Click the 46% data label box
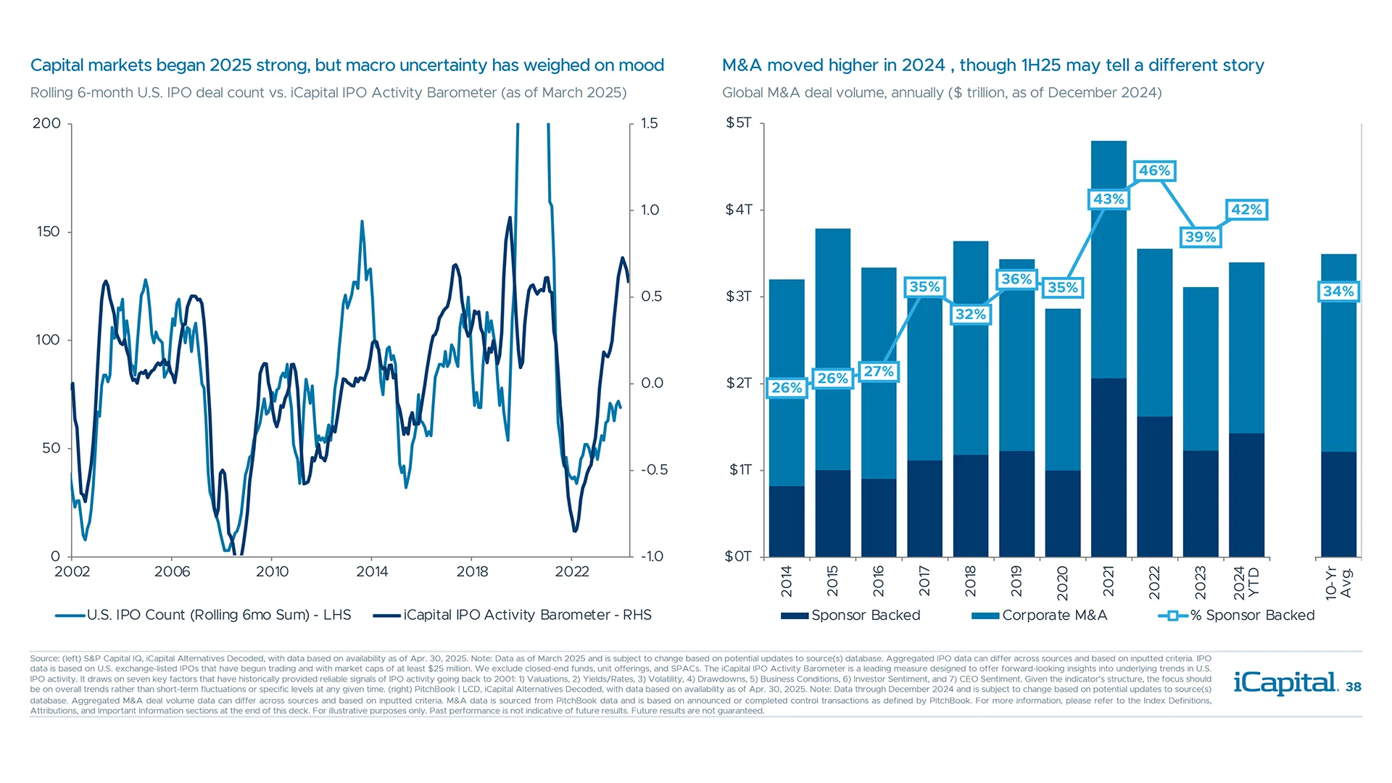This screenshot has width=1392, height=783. click(1154, 171)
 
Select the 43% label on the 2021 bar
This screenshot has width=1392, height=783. click(1109, 199)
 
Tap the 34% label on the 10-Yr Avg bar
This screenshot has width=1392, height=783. click(1338, 291)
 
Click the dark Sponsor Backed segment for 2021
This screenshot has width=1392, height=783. click(1109, 468)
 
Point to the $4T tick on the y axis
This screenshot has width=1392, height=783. click(739, 210)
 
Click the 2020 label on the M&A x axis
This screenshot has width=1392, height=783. click(1063, 582)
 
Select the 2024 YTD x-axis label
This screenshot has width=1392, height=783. click(1246, 583)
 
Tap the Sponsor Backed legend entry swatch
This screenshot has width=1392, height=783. click(795, 616)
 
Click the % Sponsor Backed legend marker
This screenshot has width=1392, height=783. click(1172, 616)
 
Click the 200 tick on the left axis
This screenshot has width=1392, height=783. click(47, 123)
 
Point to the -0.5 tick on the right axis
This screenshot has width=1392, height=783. click(654, 470)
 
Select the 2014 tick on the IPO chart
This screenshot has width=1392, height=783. click(372, 572)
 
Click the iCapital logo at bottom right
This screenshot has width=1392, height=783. click(1285, 683)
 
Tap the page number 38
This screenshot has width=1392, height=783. click(1353, 687)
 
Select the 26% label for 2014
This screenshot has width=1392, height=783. click(787, 388)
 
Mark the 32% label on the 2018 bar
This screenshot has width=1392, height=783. click(970, 315)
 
